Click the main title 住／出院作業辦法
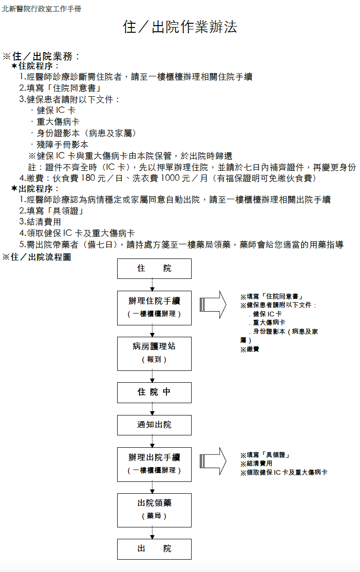click(x=180, y=27)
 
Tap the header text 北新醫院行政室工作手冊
click(x=41, y=9)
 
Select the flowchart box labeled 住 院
click(x=154, y=268)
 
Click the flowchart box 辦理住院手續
click(x=154, y=308)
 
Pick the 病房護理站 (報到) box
click(x=154, y=354)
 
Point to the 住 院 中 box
click(x=154, y=393)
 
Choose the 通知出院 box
click(x=154, y=425)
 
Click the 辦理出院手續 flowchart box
click(x=154, y=464)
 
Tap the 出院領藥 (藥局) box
click(x=154, y=510)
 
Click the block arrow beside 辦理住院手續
click(x=213, y=304)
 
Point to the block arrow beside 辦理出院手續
click(x=213, y=461)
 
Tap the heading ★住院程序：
click(x=35, y=66)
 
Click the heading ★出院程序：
click(x=35, y=189)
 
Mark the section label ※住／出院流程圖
click(x=37, y=257)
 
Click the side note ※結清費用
click(x=256, y=463)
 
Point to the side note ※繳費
click(x=249, y=349)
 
